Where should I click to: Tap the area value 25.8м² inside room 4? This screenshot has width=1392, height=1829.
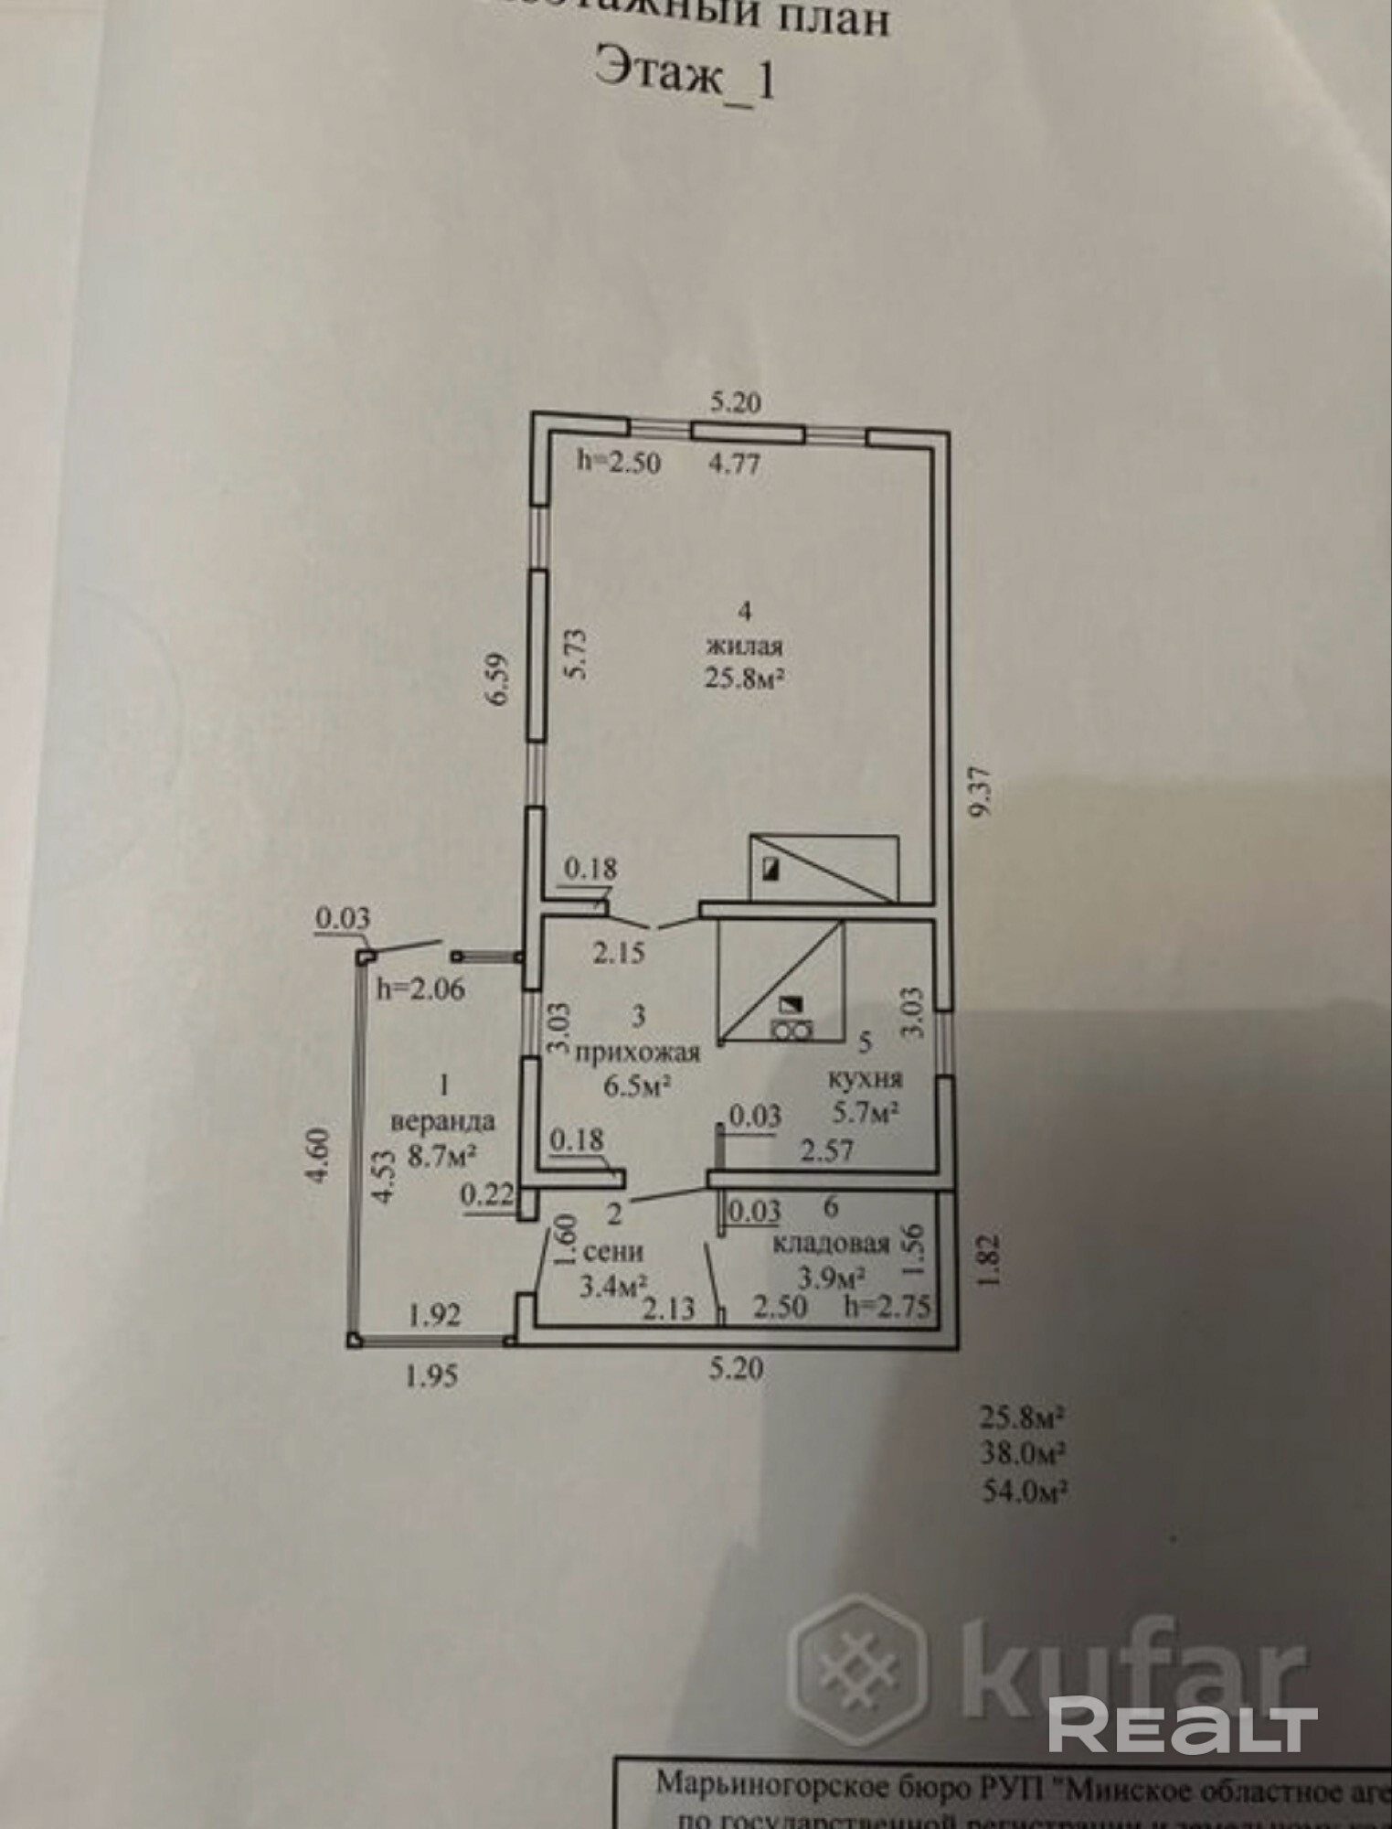point(745,678)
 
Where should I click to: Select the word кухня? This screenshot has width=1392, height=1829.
point(865,1078)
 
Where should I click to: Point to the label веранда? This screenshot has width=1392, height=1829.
point(443,1120)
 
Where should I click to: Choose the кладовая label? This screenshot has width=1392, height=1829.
point(832,1244)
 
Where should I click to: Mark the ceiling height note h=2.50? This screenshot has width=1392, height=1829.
point(618,462)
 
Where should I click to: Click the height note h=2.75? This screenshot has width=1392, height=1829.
point(886,1307)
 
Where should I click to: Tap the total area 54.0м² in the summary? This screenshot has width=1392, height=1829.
point(1025,1492)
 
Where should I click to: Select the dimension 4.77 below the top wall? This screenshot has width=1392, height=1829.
point(735,463)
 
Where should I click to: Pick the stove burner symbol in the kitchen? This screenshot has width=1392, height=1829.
point(791,1031)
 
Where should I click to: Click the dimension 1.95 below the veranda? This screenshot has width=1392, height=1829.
point(431,1375)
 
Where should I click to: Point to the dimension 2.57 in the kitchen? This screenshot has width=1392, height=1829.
point(826,1150)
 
